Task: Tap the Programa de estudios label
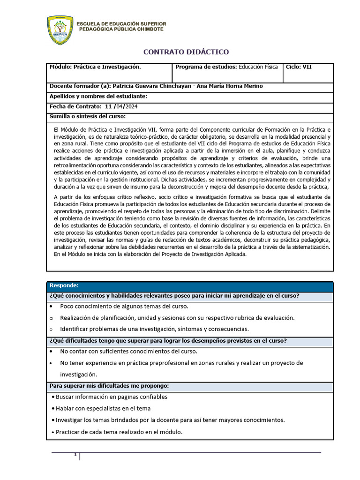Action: coord(206,67)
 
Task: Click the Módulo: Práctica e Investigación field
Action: coord(95,67)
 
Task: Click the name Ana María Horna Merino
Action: coord(223,86)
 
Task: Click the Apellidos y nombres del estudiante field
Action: coord(98,96)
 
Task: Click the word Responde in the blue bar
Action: coord(64,285)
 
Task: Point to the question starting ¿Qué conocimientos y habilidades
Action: coord(174,295)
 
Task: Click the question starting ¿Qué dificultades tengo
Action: coord(168,340)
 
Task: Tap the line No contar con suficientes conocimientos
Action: coord(128,351)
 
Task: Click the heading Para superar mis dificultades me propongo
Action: coord(109,386)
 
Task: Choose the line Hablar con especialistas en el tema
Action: coord(103,408)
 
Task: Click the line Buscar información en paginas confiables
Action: coord(112,397)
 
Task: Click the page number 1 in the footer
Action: coord(75,456)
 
